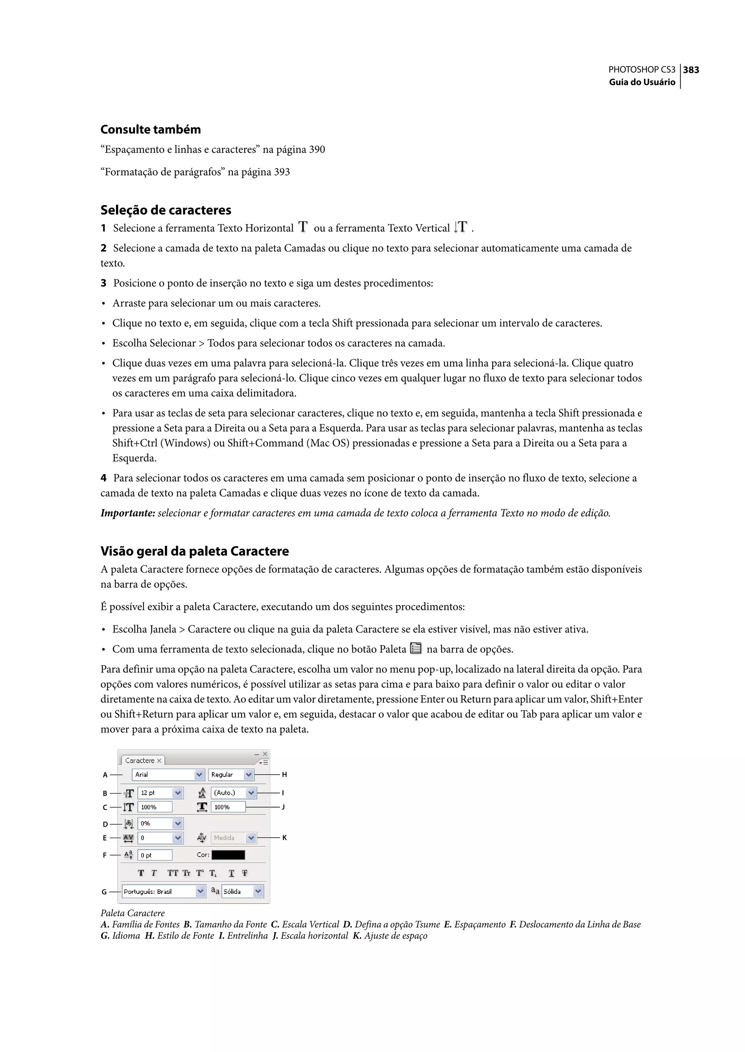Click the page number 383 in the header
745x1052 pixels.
tap(691, 70)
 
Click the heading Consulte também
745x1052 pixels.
tap(151, 129)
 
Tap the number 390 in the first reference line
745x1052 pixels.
tap(316, 149)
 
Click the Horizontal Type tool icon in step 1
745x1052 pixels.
tap(303, 227)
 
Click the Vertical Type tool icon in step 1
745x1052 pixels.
tap(461, 227)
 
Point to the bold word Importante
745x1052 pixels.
tap(128, 513)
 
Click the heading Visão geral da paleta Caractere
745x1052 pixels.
tap(195, 551)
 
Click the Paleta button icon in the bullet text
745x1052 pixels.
tap(416, 648)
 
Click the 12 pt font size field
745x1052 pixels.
tap(155, 792)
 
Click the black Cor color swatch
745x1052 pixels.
tap(228, 855)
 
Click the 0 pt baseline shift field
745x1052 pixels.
tap(155, 855)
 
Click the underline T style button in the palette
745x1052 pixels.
tap(232, 873)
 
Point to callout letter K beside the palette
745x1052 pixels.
tap(284, 838)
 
